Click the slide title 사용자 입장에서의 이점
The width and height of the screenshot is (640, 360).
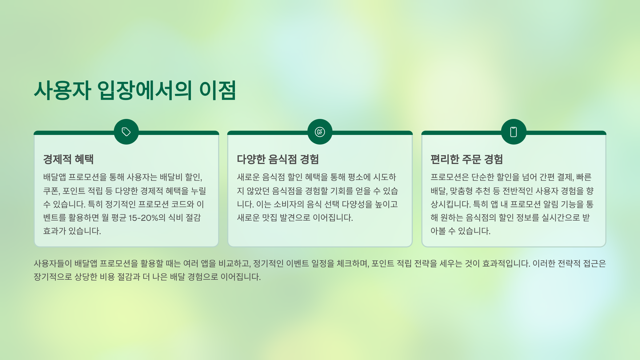[135, 91]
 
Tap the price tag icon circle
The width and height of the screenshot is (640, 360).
[126, 132]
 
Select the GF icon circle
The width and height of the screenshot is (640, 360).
[320, 132]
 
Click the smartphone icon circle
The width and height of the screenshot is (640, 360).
[514, 132]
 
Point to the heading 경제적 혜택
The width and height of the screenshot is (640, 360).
[68, 159]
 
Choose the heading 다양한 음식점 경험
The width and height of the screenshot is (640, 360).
[278, 159]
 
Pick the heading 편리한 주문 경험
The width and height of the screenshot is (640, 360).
[466, 159]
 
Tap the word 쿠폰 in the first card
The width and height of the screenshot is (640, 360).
[51, 191]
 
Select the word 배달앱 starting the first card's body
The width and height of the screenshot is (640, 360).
[54, 177]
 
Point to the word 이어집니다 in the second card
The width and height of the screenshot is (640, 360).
[333, 218]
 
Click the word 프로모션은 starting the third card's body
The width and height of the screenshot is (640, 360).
[450, 177]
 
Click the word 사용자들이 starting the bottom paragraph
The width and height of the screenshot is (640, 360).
[53, 263]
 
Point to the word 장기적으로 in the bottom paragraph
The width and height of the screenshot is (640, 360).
[53, 277]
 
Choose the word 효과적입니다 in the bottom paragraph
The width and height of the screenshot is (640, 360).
[506, 263]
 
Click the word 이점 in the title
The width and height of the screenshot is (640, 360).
[218, 91]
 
